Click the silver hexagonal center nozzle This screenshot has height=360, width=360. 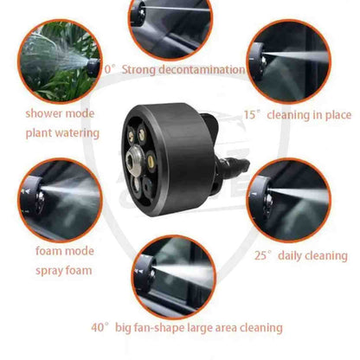point(134,158)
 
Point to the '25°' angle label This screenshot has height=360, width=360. point(263,256)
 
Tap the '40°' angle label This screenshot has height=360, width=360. point(100,328)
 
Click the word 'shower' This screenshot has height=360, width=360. point(44,113)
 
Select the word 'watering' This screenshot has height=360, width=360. point(77,133)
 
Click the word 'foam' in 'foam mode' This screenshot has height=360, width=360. point(49,251)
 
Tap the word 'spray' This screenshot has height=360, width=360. point(49,271)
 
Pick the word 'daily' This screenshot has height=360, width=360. point(290,256)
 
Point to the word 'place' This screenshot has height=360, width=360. point(338,115)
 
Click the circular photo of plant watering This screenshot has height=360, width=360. point(60,61)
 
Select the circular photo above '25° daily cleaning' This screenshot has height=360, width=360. point(288,201)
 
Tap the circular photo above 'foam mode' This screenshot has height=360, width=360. point(60,200)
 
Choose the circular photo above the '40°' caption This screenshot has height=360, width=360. point(174,277)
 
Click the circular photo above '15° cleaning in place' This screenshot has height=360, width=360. point(288,61)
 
